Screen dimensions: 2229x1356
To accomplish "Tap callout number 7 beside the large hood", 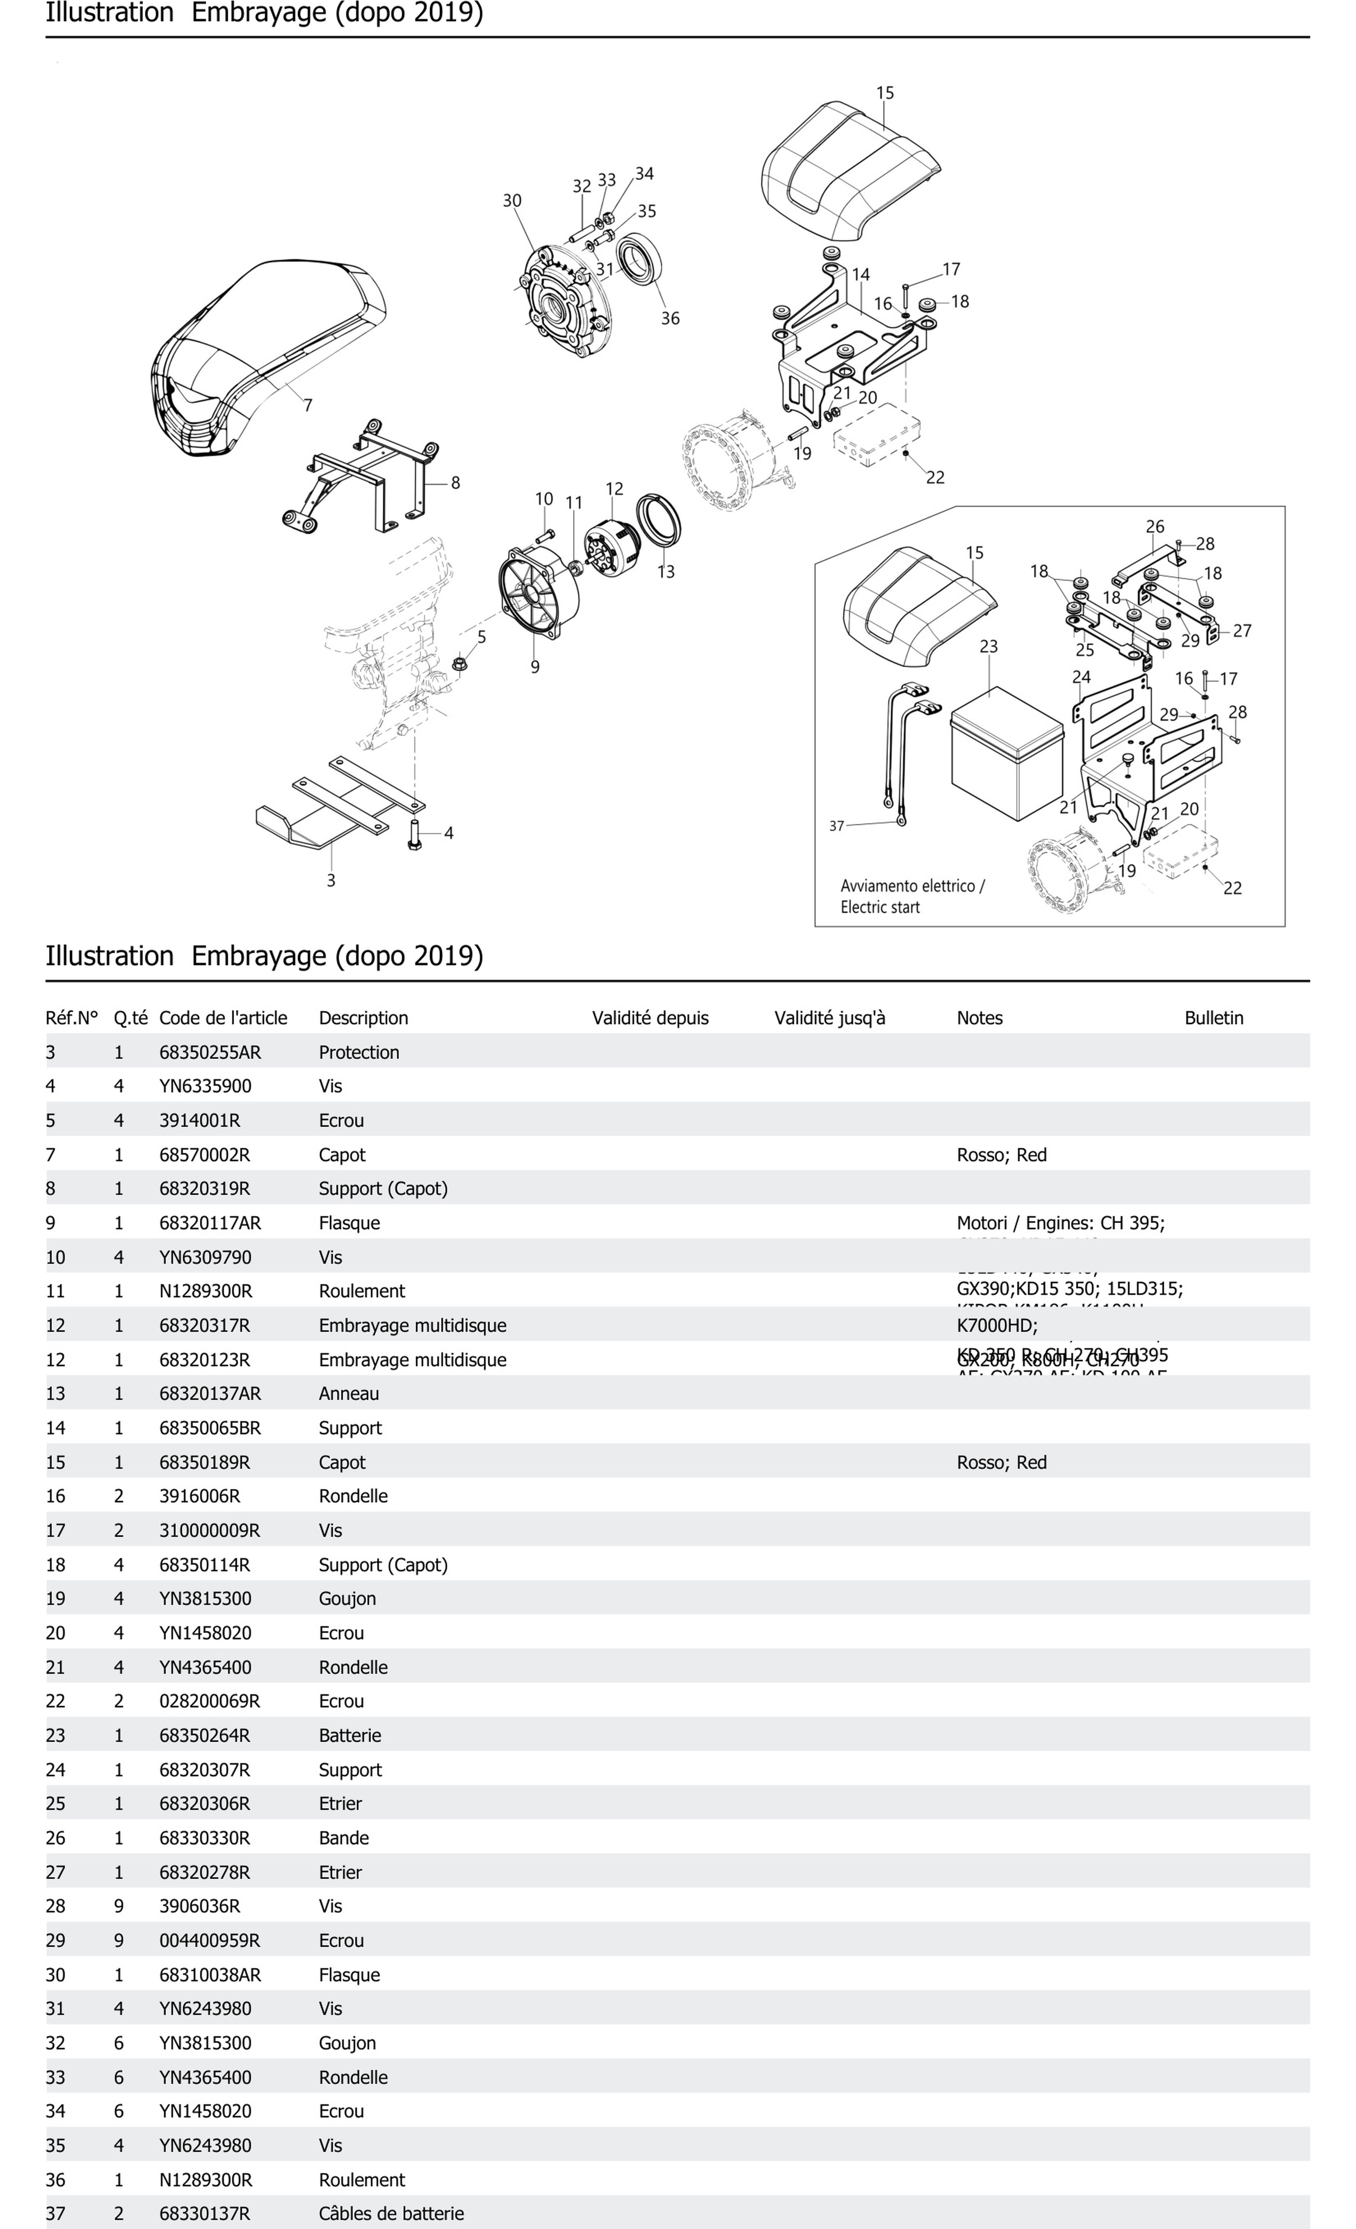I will coord(308,405).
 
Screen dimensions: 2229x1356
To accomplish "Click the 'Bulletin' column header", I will coord(1213,1018).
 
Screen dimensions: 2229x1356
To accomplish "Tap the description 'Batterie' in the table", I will coord(350,1735).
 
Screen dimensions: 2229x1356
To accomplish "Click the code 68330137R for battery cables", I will coord(204,2213).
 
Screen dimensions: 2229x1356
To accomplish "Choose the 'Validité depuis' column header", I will coord(650,1018).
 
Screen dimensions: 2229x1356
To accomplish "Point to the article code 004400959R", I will coord(209,1940).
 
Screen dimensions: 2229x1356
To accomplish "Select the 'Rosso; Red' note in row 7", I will coord(1001,1154).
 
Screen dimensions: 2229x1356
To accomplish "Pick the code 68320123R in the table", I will coord(204,1360).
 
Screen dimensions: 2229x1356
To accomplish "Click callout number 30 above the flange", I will coord(512,200).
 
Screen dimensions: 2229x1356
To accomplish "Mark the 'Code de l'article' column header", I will coord(223,1018).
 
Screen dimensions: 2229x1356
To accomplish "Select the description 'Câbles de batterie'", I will coord(391,2213).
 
